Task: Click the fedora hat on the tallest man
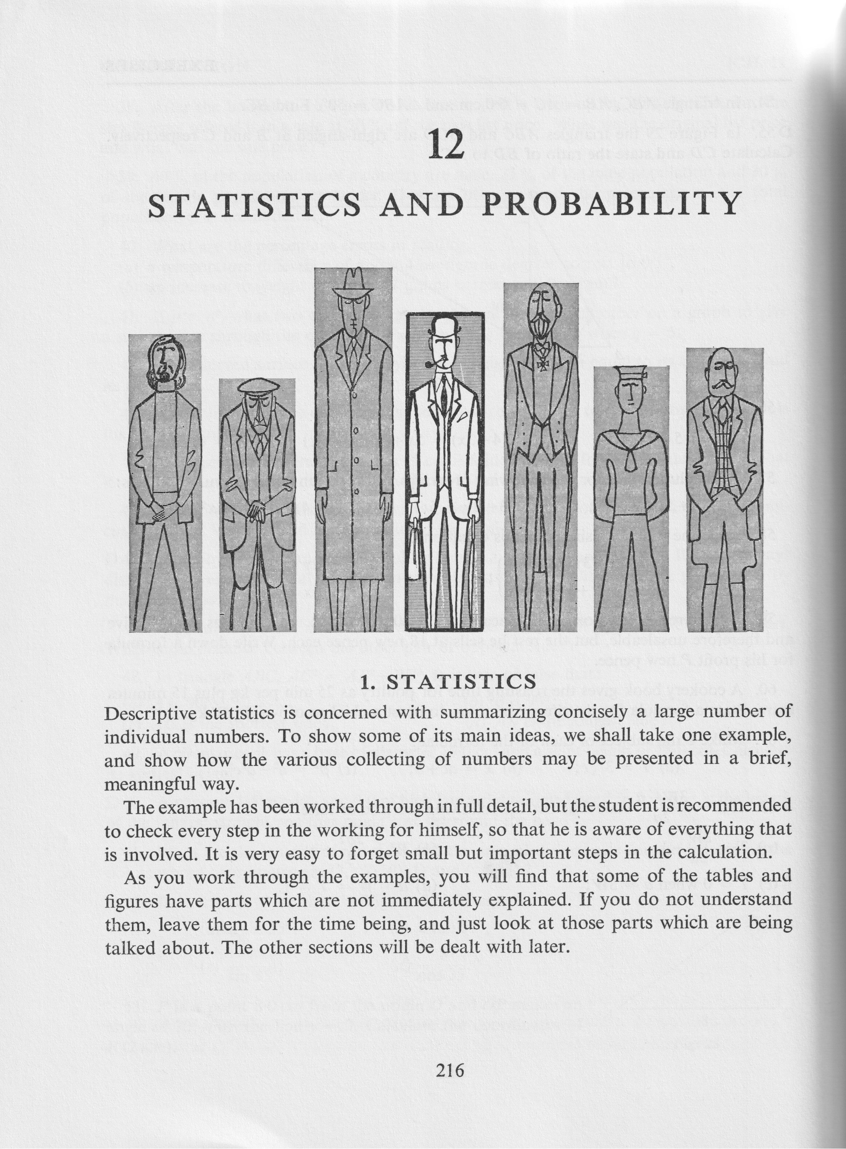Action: (353, 283)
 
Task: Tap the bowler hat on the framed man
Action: (442, 326)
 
